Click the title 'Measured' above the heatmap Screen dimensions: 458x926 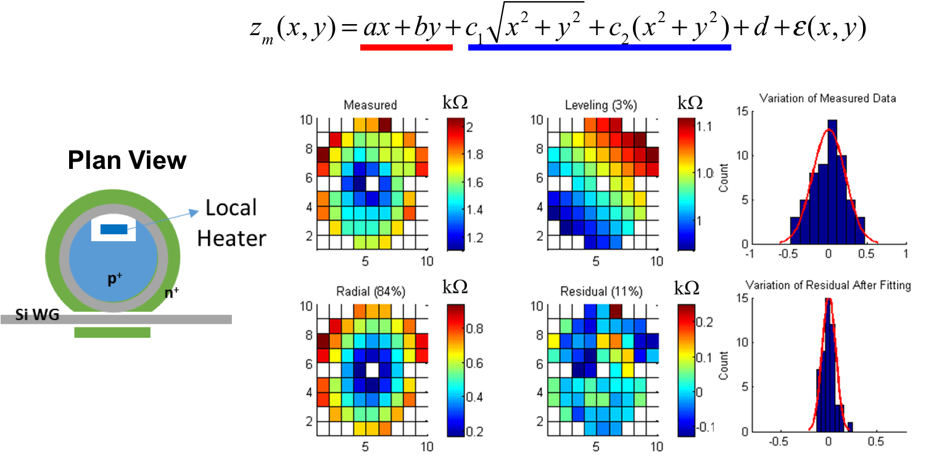(370, 105)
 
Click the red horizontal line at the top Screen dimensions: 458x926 (406, 47)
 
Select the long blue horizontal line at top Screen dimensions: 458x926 (599, 47)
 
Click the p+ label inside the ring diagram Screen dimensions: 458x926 (114, 279)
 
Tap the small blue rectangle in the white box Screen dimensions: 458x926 (114, 229)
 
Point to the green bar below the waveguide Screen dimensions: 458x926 (112, 333)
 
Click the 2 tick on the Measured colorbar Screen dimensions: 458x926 (469, 127)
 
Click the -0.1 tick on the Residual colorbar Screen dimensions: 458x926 (704, 426)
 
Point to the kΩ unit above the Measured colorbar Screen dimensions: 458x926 (455, 103)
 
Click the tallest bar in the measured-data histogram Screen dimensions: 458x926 (832, 182)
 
